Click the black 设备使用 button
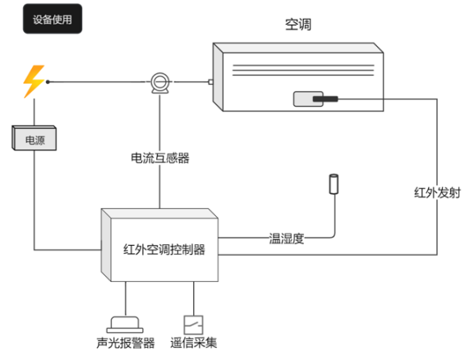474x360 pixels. tap(53, 19)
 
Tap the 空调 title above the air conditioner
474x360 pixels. tap(298, 24)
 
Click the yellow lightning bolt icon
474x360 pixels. tap(34, 81)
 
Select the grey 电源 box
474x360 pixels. tap(35, 138)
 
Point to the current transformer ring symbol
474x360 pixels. tap(160, 82)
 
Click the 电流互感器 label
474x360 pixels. tap(160, 158)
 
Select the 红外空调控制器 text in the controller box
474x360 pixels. tap(164, 250)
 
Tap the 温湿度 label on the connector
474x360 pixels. tap(286, 238)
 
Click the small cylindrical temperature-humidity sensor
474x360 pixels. tap(334, 183)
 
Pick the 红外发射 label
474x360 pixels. tap(437, 192)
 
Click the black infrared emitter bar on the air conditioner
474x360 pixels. tap(325, 99)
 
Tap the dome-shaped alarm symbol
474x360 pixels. tap(125, 325)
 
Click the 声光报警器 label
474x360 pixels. tap(126, 343)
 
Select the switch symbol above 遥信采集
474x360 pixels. tap(194, 325)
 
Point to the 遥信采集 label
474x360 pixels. tap(194, 343)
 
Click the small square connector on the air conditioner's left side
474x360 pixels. tap(210, 82)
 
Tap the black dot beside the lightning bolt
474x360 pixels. tap(48, 82)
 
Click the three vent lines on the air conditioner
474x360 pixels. tap(303, 70)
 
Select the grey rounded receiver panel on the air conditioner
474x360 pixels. tap(308, 99)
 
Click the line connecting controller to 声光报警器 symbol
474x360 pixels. tap(126, 299)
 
